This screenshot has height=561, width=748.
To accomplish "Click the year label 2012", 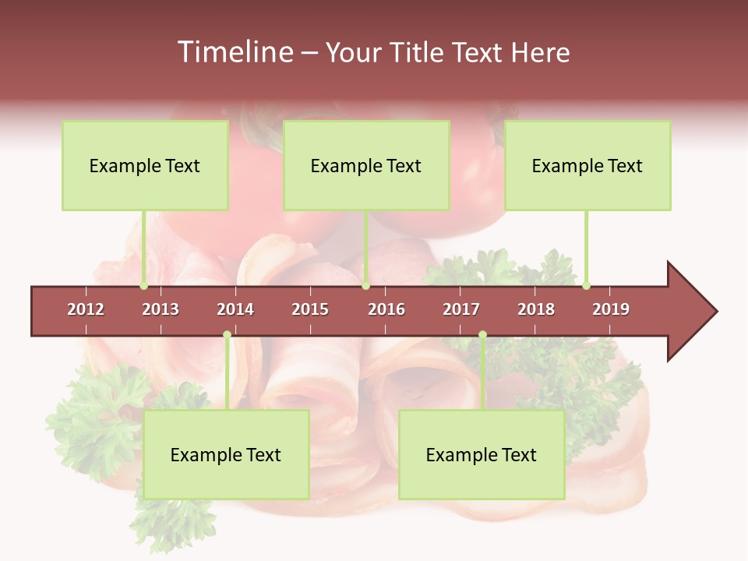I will point(86,309).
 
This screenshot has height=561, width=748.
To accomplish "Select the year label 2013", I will point(161,309).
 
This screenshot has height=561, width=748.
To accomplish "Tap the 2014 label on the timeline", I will point(235,309).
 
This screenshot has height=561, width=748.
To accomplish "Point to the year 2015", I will point(310,309).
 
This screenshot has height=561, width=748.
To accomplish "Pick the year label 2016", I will point(386,309).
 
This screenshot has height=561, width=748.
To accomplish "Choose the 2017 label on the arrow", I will point(461,309).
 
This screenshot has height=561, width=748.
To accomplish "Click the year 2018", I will point(536,309).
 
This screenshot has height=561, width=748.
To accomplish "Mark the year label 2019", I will point(611,309).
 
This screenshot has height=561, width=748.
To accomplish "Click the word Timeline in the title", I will point(234,52).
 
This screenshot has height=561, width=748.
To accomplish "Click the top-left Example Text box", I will point(145,165).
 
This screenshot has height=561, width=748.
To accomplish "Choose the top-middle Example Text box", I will point(366,165).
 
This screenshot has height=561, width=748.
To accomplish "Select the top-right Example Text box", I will point(587,165).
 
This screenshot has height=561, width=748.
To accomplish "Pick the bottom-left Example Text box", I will point(226,454).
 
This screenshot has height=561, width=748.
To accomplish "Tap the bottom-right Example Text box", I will point(482,454).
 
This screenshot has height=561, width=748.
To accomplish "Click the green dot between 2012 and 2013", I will point(143,286).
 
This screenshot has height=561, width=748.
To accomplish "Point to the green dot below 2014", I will point(227,335).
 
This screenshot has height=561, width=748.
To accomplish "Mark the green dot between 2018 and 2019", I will point(586,286).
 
